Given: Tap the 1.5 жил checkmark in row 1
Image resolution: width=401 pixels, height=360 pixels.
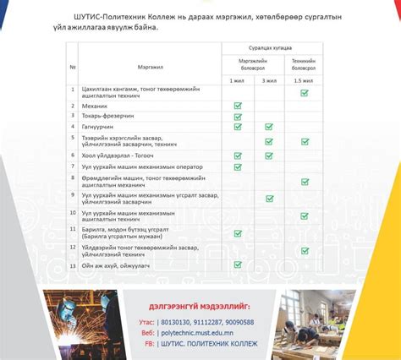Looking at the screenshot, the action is (304, 93).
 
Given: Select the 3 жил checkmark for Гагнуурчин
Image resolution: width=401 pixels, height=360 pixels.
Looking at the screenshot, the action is (269, 127).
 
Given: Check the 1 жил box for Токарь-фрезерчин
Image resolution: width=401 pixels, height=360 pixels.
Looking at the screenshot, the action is (239, 116).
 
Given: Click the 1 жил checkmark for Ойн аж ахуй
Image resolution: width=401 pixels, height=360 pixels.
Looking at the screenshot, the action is (239, 265).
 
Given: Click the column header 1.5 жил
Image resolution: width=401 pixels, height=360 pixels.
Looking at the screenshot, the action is (304, 79).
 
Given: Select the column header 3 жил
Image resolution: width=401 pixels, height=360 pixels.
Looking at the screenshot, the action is (269, 79).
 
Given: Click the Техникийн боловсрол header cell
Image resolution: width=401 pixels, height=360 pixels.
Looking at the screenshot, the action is (304, 64).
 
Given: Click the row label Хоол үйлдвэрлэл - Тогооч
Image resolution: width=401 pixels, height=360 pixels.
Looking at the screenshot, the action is (118, 155).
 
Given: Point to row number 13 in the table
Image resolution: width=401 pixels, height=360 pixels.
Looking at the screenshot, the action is (74, 265).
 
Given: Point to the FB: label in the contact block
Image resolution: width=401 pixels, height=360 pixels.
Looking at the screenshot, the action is (149, 345).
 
